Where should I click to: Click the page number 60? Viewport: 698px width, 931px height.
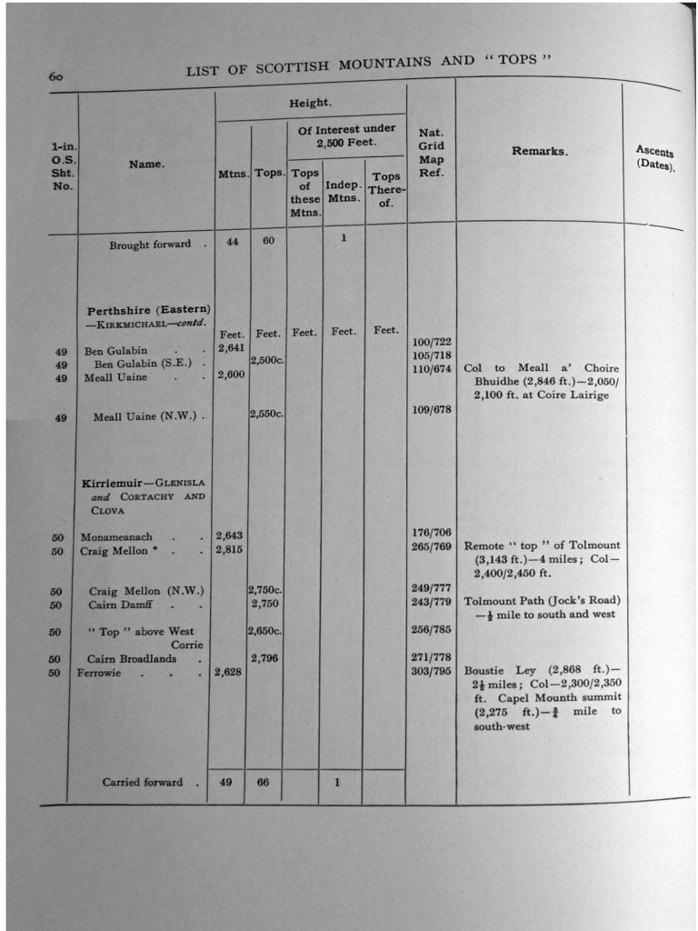56,77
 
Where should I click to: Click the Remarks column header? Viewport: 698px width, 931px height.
539,152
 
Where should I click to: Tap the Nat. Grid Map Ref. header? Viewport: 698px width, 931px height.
431,152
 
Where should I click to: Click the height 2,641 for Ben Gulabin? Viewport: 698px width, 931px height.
232,348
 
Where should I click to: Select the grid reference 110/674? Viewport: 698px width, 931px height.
432,368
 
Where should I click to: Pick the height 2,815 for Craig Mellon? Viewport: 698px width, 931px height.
228,549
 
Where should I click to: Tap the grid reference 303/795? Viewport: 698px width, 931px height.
431,672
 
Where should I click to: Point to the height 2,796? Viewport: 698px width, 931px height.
264,658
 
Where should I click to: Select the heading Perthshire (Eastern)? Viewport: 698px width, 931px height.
149,310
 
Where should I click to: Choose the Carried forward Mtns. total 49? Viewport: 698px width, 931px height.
225,782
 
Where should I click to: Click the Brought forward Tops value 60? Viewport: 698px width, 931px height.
268,242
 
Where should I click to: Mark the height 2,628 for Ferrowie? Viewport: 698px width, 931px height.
228,672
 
